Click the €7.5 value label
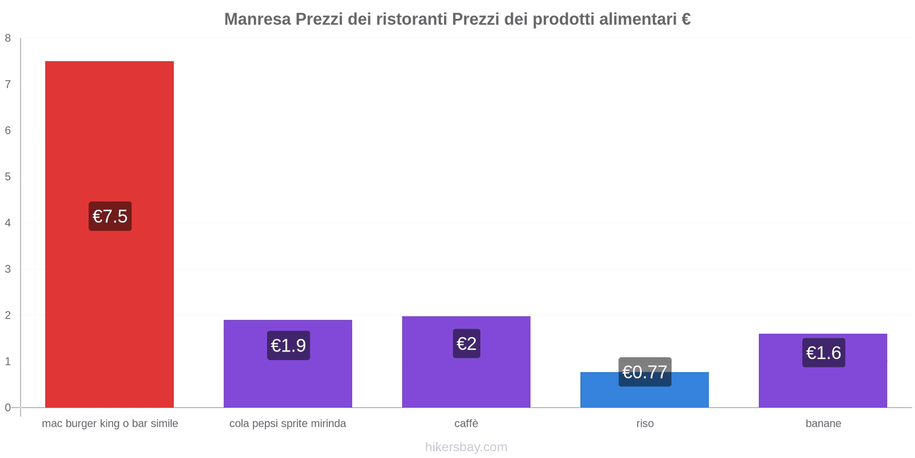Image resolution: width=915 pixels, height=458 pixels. pos(110,216)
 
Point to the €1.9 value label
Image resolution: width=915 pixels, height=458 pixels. pos(288,345)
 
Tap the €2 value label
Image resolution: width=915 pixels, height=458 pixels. pos(467,343)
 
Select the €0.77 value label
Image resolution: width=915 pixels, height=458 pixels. pos(645,372)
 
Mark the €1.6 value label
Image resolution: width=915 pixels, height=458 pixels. pos(823,353)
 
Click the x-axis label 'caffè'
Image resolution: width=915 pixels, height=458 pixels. pos(466,424)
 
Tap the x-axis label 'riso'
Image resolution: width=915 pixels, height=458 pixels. pos(645,424)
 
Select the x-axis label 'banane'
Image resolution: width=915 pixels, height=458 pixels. pos(823,424)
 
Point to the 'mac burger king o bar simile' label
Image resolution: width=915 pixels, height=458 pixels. pos(110,424)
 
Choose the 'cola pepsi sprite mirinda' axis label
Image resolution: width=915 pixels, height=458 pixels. pos(288,424)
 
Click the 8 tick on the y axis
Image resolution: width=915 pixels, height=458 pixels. pos(8,38)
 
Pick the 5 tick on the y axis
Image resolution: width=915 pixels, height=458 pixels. pos(8,177)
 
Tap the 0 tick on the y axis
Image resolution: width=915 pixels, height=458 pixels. pos(8,408)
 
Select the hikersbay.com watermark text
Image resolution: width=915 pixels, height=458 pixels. pos(466,447)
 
